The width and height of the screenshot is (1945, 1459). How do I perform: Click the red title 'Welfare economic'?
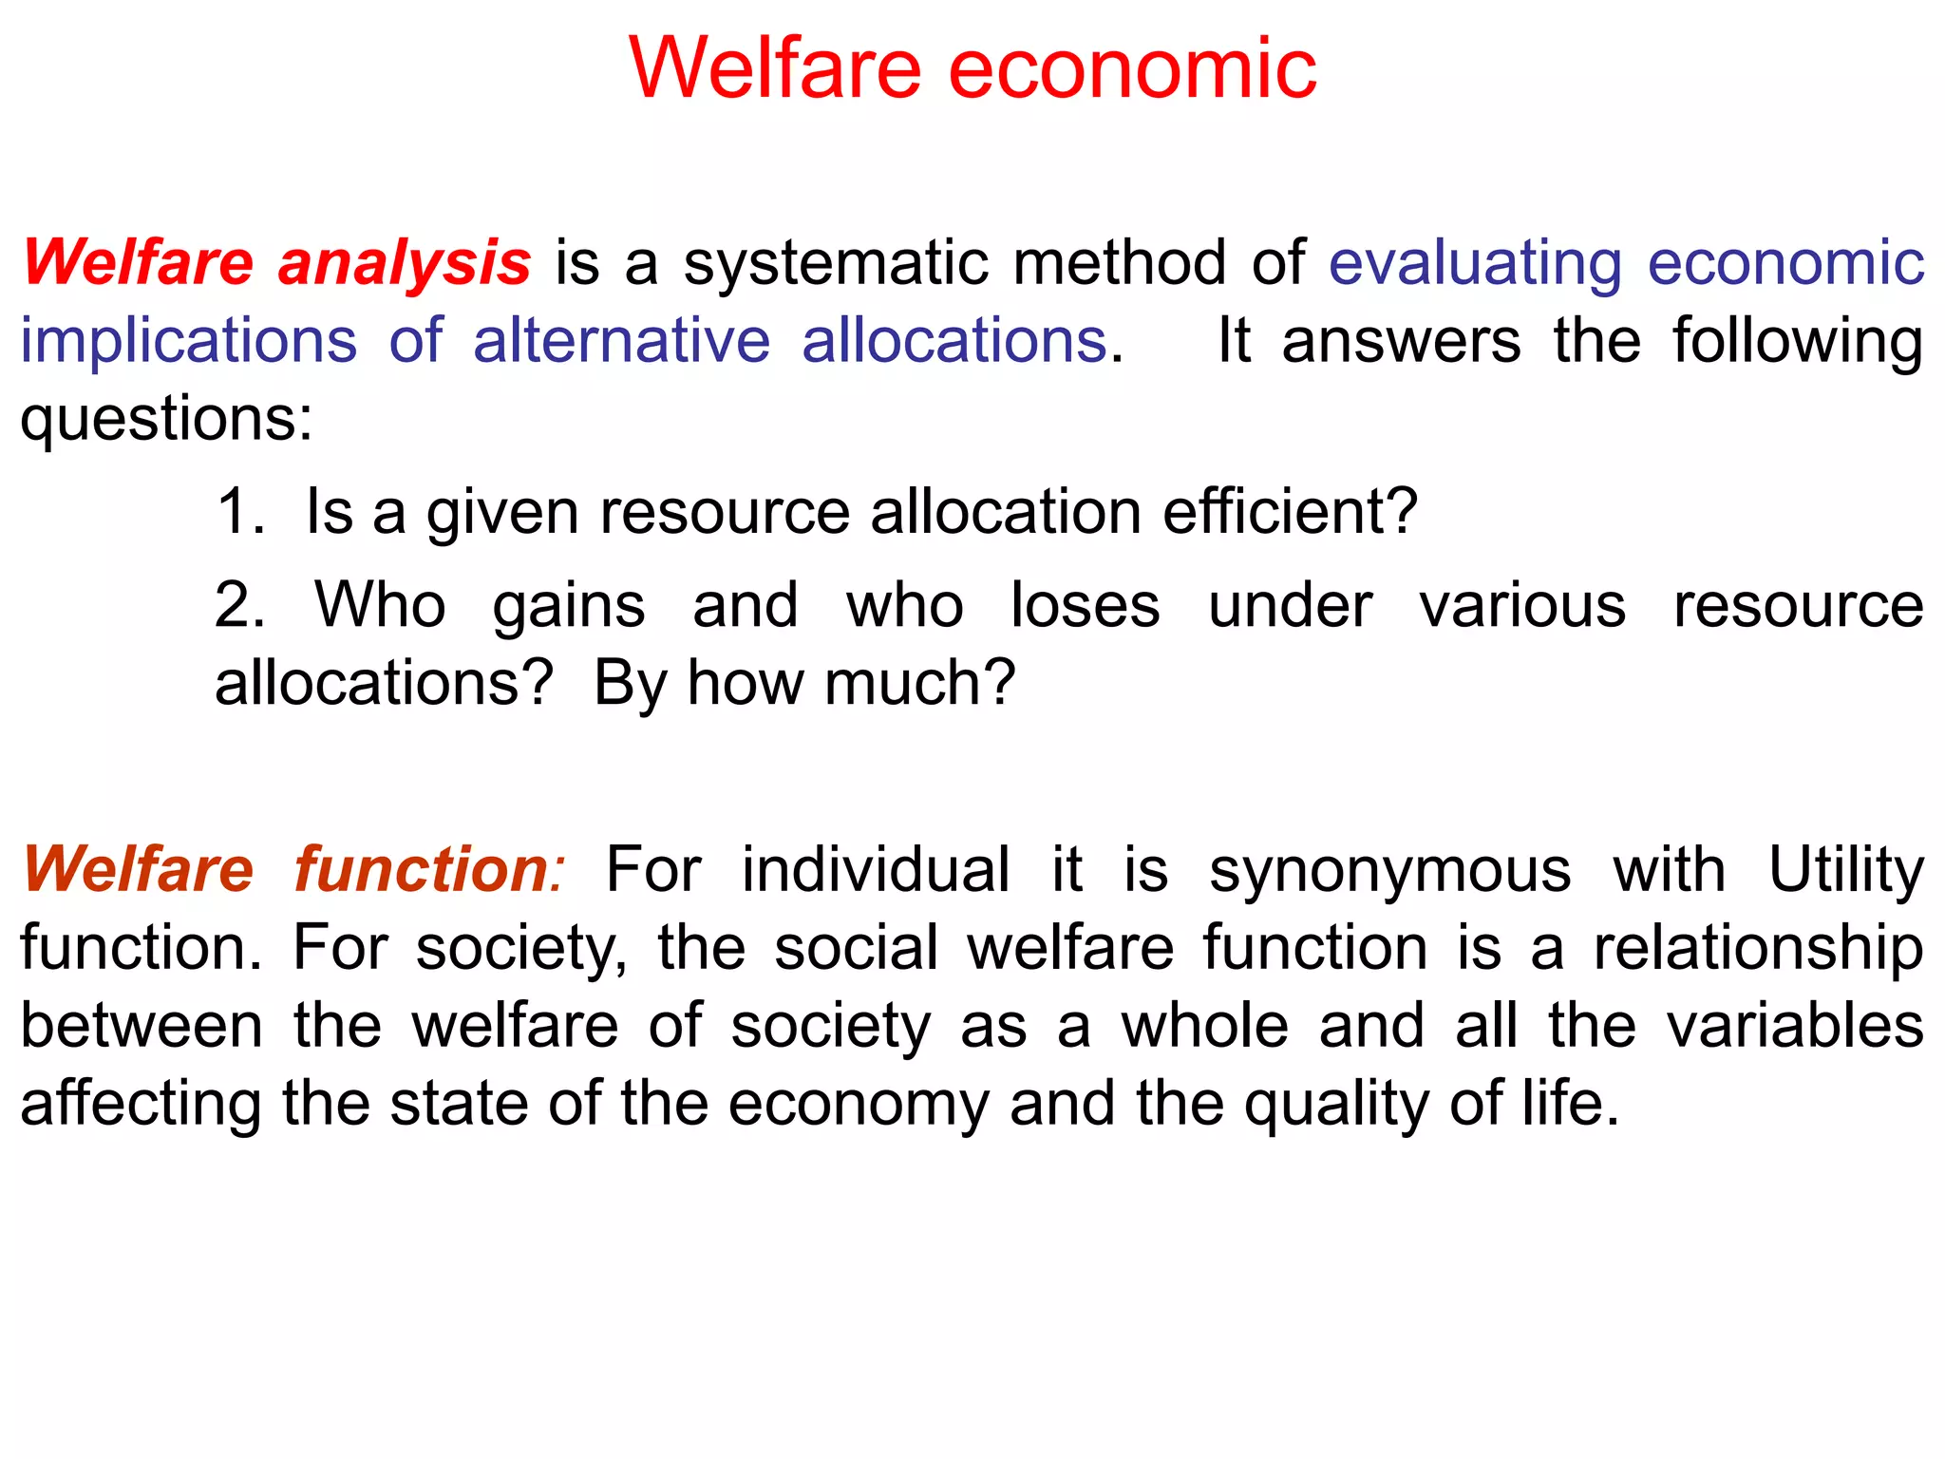tap(972, 68)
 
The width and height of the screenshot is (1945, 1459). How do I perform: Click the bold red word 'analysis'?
tap(404, 263)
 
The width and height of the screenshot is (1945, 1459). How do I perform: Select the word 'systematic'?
tap(836, 263)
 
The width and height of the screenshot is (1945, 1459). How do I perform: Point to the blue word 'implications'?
tap(189, 341)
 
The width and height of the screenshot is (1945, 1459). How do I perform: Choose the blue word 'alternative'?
tap(621, 341)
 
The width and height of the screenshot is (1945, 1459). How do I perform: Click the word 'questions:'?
tap(166, 419)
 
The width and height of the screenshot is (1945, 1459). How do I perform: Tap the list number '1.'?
tap(240, 512)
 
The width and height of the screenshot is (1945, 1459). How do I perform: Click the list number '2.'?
tap(239, 605)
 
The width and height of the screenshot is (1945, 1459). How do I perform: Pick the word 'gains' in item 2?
tap(569, 605)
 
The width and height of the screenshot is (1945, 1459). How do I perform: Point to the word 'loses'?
tap(1085, 605)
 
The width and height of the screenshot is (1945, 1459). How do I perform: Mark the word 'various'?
tap(1522, 605)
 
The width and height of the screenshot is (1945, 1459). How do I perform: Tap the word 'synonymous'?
tap(1389, 869)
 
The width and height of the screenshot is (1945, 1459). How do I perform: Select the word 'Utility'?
tap(1845, 869)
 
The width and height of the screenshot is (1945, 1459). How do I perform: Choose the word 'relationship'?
tap(1758, 947)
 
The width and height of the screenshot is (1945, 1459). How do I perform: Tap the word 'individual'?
tap(875, 869)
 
